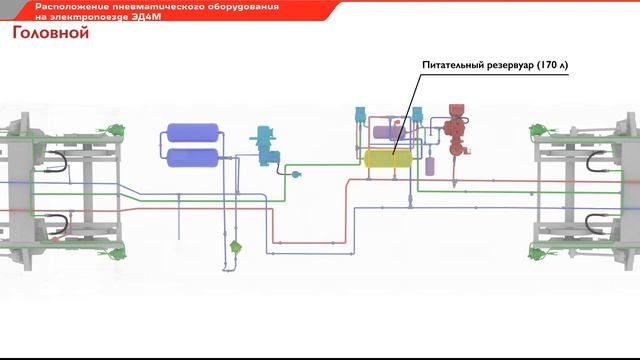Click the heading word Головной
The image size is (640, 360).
tap(51, 33)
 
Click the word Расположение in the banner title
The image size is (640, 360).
tap(72, 7)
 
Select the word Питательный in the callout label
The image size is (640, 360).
tap(449, 65)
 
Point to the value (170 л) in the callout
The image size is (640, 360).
tap(552, 65)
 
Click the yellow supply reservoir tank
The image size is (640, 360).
tap(388, 159)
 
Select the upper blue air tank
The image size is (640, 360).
tap(193, 133)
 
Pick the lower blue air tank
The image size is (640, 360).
tap(193, 158)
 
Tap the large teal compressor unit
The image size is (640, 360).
tap(266, 146)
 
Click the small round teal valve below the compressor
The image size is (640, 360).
tap(296, 175)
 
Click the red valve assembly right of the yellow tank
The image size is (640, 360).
tap(457, 130)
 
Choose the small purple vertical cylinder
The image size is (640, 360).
tap(429, 166)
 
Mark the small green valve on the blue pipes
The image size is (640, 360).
tap(236, 247)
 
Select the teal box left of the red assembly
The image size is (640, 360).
tap(417, 115)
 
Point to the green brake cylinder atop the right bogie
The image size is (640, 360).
tap(540, 131)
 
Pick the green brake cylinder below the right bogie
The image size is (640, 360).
tap(539, 253)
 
